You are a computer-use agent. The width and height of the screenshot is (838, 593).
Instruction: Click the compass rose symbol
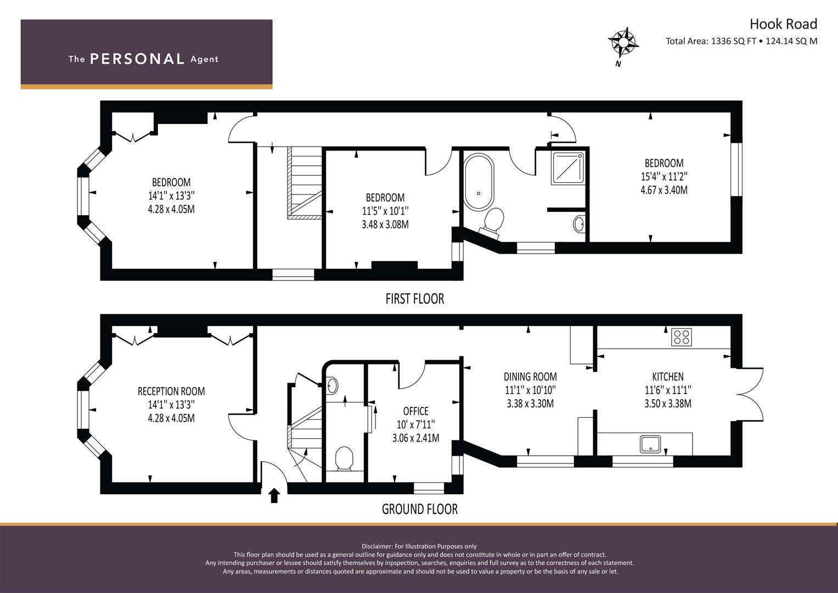coord(623,43)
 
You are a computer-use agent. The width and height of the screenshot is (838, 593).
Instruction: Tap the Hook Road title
coord(783,24)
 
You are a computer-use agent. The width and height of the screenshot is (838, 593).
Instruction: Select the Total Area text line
coord(741,41)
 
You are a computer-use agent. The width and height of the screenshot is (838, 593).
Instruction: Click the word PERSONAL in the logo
coord(137,59)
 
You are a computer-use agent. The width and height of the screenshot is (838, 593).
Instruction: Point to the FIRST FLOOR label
coord(415,299)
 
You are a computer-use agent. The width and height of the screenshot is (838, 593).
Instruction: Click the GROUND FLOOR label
coord(420,509)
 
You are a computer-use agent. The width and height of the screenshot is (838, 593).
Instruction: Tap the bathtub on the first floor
coord(479,182)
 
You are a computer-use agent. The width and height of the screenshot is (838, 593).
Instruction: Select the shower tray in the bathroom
coord(567,167)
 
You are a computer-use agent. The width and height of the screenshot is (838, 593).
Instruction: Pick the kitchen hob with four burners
coord(681,337)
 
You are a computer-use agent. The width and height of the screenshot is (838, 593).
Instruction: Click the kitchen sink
coord(650,444)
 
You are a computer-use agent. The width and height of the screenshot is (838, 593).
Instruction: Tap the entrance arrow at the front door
coord(274,495)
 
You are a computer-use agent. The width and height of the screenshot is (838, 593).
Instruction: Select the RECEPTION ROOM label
coord(171,391)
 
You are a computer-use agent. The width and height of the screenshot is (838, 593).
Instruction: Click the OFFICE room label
coord(415,411)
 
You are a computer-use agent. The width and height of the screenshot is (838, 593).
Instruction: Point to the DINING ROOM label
coord(530,377)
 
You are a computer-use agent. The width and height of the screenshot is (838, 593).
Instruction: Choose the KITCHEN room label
coord(668,377)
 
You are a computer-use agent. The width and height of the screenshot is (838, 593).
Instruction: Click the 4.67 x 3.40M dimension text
coord(664,190)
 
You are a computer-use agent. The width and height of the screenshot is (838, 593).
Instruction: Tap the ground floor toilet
coord(344,458)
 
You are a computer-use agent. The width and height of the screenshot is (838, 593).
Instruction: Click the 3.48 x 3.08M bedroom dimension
coord(385,225)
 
